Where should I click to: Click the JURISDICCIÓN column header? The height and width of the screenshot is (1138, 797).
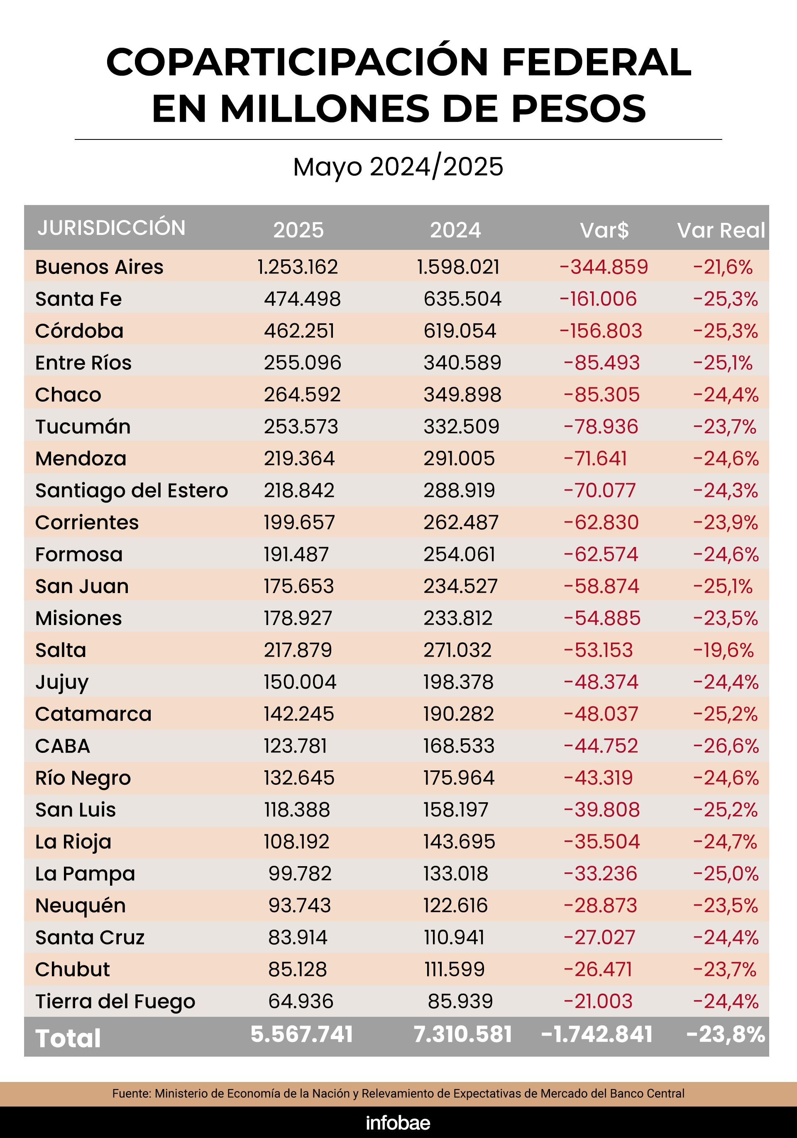112,228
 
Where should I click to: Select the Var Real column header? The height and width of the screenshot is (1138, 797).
721,230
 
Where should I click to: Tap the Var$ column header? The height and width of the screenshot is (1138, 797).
604,230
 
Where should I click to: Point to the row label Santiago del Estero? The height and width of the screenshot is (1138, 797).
131,491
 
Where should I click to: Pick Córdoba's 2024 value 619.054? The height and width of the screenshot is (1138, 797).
460,331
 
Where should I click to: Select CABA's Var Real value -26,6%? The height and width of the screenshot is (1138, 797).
726,746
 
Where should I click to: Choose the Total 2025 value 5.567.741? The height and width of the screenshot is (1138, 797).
301,1034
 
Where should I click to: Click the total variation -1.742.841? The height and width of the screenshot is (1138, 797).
597,1034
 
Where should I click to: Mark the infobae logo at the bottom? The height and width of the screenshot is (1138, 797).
398,1123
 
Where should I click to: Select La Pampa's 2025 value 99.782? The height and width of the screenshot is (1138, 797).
300,874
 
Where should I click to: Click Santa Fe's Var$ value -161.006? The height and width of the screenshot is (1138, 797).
598,299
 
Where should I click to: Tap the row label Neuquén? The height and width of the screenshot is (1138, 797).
80,906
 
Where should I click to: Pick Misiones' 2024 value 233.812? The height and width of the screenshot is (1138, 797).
457,618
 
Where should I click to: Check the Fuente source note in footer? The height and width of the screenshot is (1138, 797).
398,1094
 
